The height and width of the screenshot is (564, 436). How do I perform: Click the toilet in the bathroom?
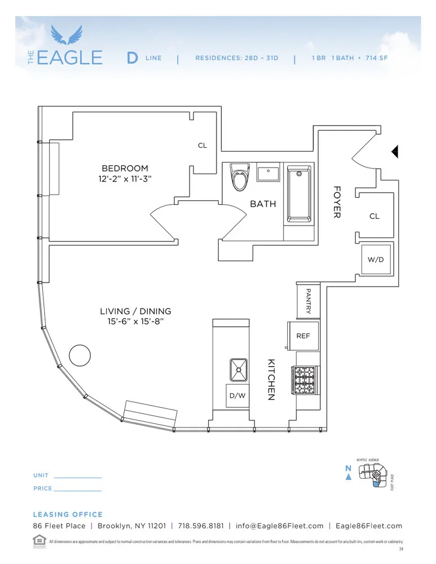coord(240,178)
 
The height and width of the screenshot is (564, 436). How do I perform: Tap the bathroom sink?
coord(268,173)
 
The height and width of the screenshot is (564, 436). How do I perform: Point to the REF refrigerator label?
coord(303,336)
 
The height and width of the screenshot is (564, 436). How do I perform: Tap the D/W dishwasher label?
coord(237,395)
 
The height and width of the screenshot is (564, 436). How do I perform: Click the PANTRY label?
coord(308,301)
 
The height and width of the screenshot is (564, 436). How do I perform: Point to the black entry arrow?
coord(395,151)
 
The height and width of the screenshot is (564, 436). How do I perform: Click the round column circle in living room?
coord(80,355)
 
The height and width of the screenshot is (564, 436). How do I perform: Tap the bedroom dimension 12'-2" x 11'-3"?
coord(125,179)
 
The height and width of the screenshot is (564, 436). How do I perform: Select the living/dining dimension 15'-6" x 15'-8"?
coord(135,321)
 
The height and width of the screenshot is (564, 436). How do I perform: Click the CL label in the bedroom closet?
coord(202,146)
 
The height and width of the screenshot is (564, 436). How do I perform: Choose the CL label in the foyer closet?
coord(374,216)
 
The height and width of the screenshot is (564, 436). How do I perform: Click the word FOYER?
coord(337,202)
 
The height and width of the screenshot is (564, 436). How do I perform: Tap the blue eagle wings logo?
coord(67,35)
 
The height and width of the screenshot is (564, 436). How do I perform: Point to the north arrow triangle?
coord(349,477)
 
